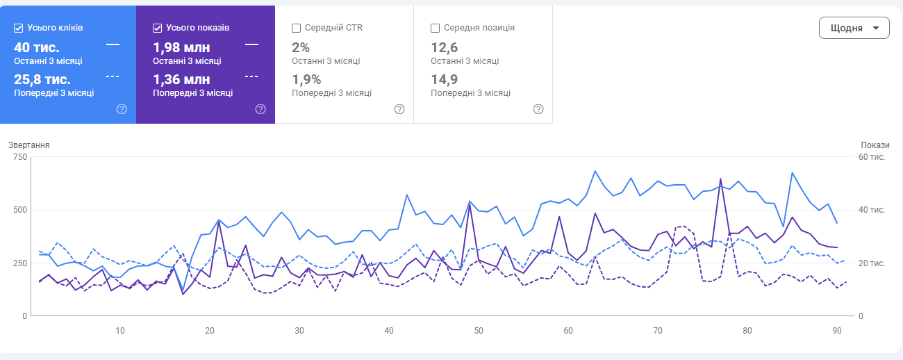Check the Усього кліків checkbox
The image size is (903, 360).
point(19,28)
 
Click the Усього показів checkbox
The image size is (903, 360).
point(158,28)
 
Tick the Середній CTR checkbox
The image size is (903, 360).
point(297,28)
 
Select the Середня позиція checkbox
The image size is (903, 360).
point(436,28)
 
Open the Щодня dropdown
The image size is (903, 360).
point(854,28)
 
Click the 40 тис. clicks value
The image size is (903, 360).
point(37,47)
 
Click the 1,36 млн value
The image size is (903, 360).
point(181,79)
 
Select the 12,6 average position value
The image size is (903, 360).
point(444,47)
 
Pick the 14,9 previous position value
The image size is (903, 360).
point(444,79)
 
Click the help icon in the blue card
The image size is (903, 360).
point(122,109)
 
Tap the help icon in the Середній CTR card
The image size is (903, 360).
point(399,109)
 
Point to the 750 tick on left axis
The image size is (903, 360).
point(19,157)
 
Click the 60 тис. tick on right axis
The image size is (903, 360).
point(872,157)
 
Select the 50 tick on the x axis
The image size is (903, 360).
point(479,330)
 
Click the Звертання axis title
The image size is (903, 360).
point(29,145)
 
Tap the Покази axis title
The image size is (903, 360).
point(875,145)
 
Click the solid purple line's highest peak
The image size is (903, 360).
point(720,179)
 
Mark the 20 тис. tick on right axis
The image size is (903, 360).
point(872,263)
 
